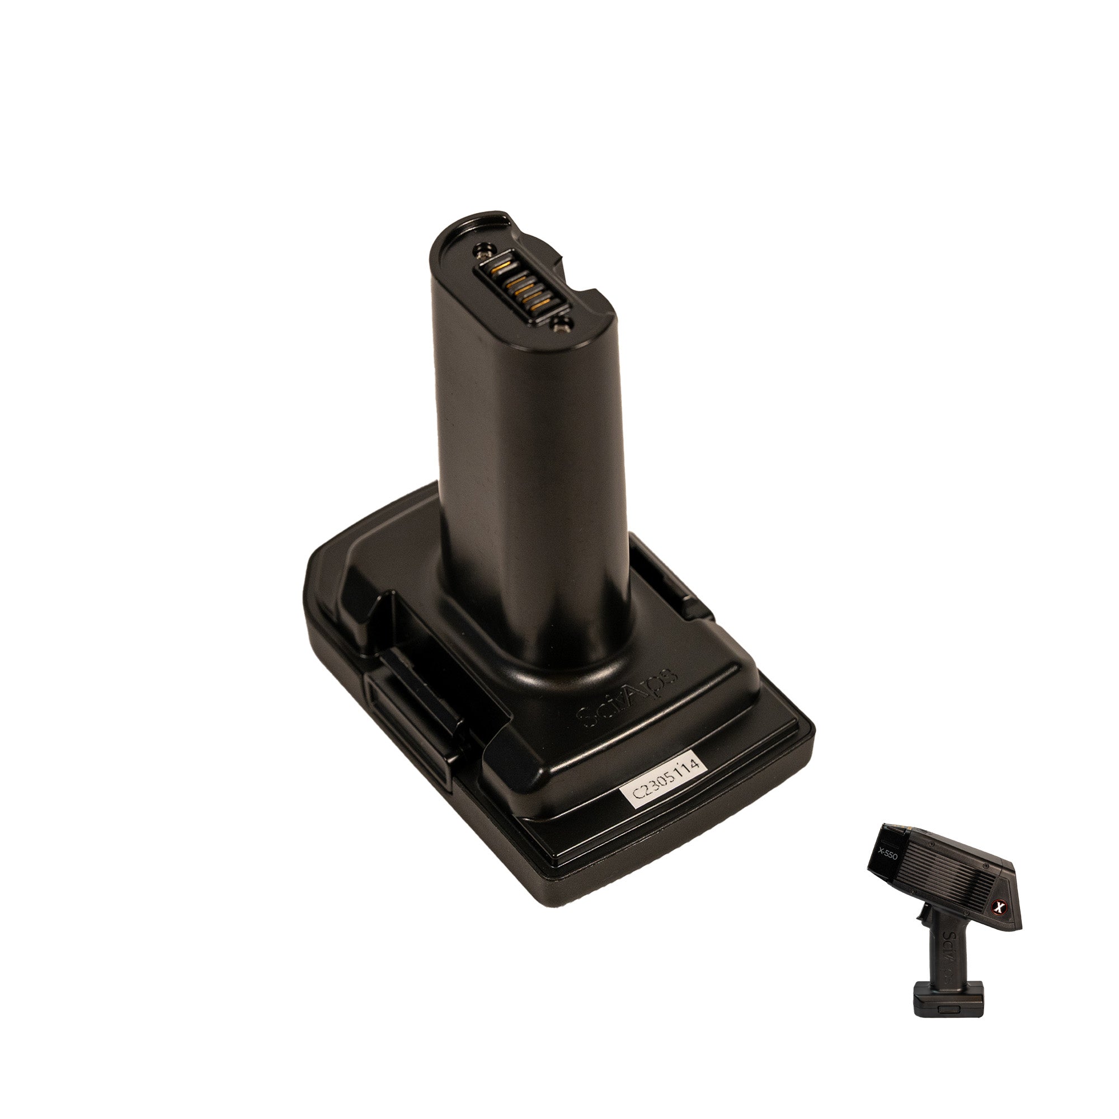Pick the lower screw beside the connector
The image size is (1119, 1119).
click(561, 328)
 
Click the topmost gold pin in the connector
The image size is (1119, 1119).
click(500, 264)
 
